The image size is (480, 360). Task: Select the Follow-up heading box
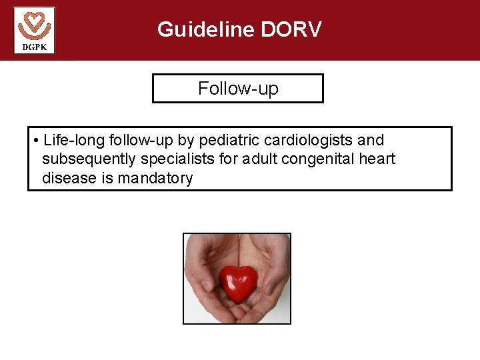coord(238,89)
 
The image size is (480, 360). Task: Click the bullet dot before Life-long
coord(35,141)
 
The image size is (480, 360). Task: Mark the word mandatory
coord(155,178)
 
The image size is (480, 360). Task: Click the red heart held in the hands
coord(238,283)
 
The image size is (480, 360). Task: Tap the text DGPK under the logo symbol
coord(34,47)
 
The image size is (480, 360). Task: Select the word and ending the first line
coord(371,141)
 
